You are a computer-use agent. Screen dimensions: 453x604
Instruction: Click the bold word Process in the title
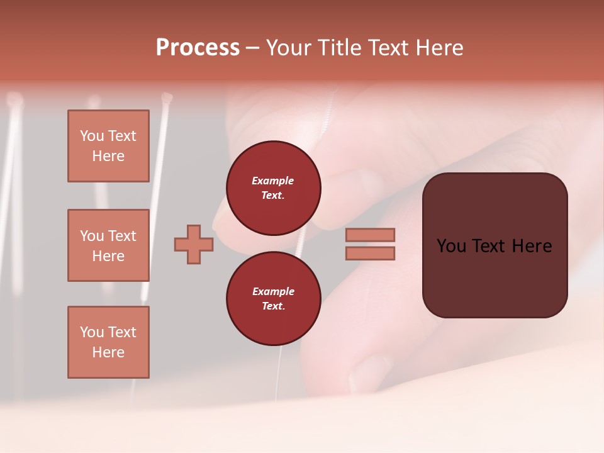(x=198, y=48)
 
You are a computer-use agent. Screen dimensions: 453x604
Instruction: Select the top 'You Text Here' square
(x=108, y=146)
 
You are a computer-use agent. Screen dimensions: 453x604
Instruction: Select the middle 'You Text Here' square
(x=108, y=245)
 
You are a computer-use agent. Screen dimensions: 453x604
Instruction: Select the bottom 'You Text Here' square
(x=108, y=342)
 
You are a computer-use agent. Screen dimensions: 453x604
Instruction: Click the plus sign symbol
(x=194, y=244)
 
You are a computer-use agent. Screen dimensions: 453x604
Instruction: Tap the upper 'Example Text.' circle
(x=273, y=188)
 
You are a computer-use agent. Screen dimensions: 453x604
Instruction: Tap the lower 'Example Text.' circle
(x=273, y=299)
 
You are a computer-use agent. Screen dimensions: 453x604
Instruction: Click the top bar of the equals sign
(x=370, y=235)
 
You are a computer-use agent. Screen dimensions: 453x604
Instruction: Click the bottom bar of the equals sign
(x=370, y=253)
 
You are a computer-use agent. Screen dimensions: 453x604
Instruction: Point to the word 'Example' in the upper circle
(x=273, y=181)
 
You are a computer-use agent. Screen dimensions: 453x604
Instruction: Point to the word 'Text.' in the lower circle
(x=273, y=306)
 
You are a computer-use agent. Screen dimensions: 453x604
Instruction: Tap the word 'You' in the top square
(x=91, y=136)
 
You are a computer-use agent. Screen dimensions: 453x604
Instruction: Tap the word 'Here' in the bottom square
(x=108, y=352)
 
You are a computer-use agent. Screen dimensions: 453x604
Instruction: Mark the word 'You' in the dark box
(x=451, y=246)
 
